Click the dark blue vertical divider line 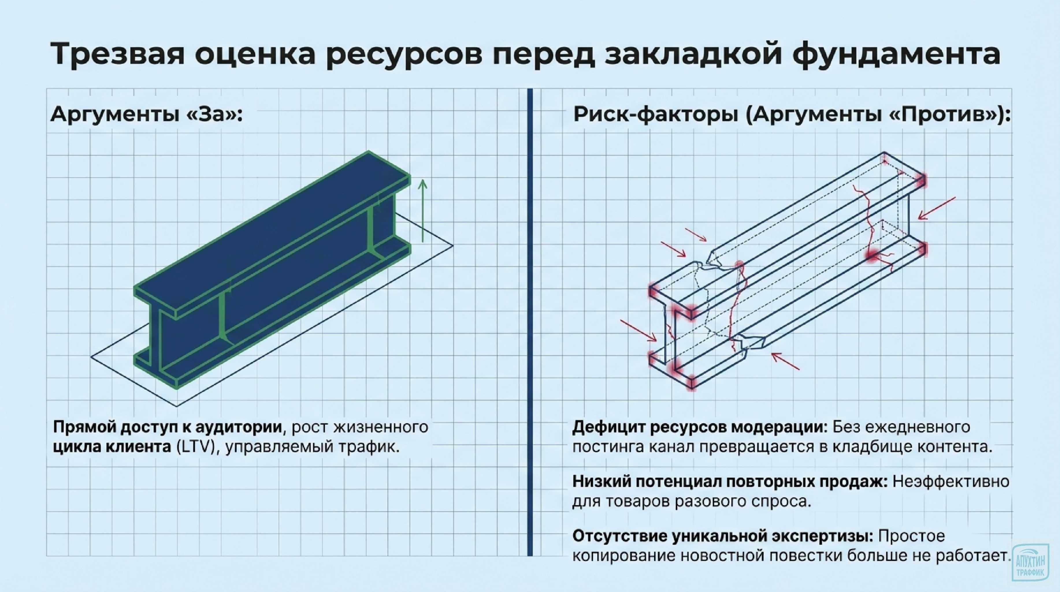[x=530, y=321]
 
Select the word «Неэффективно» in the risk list [x=951, y=482]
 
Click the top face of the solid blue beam [x=272, y=231]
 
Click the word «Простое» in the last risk [x=912, y=536]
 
